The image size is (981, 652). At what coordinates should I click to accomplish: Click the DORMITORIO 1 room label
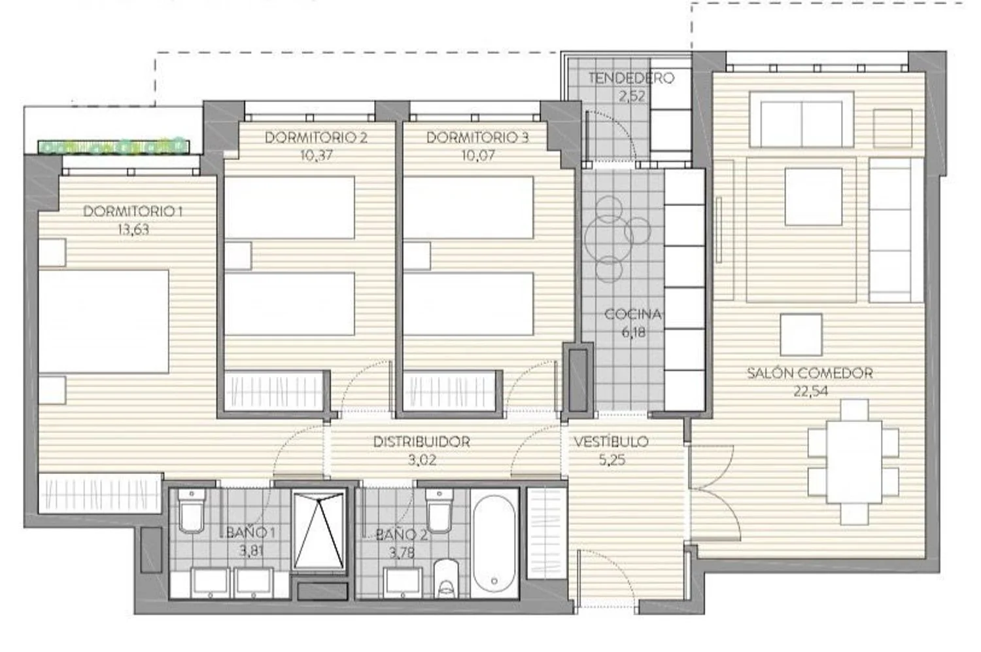coord(133,211)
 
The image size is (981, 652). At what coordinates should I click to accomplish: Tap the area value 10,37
coord(316,155)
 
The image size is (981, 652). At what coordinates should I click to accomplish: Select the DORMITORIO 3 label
coord(478,137)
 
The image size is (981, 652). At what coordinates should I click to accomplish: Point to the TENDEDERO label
coord(631,78)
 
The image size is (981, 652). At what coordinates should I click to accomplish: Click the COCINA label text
coord(633,314)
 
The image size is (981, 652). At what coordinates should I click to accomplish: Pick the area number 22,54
coord(811,391)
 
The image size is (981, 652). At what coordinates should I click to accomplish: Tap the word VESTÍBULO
coord(611,441)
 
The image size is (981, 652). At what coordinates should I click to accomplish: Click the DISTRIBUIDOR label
coord(422,441)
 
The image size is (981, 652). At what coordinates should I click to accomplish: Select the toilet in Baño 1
coord(192,511)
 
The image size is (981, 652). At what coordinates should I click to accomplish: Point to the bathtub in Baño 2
coord(494,543)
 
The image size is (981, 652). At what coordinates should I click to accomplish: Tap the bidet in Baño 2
coord(446,578)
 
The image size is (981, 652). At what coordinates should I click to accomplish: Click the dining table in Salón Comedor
coord(854,462)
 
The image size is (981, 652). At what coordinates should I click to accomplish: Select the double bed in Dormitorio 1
coord(104,322)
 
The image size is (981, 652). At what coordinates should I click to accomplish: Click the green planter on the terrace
coord(114,146)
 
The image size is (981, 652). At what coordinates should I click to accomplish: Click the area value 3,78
coord(402,553)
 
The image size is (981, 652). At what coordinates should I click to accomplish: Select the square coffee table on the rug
coord(814,197)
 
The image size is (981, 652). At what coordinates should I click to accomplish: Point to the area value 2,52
coord(632,96)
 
